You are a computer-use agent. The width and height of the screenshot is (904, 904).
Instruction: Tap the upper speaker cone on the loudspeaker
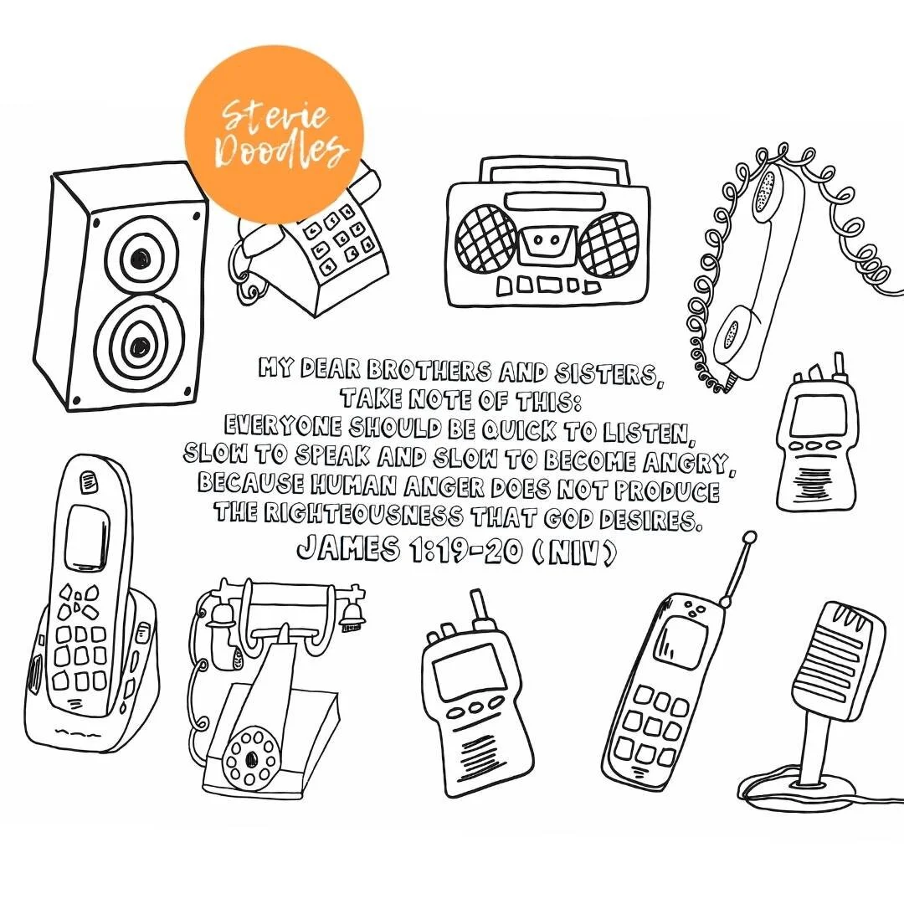140,257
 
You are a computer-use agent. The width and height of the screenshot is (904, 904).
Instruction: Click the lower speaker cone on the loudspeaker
138,345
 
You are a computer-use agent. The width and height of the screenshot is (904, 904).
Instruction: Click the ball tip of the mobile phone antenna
749,538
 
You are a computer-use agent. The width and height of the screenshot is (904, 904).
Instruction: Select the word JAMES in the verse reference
348,547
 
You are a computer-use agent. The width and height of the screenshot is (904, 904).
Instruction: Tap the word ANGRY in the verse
686,462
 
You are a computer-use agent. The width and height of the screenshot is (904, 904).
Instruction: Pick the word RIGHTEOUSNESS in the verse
363,513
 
